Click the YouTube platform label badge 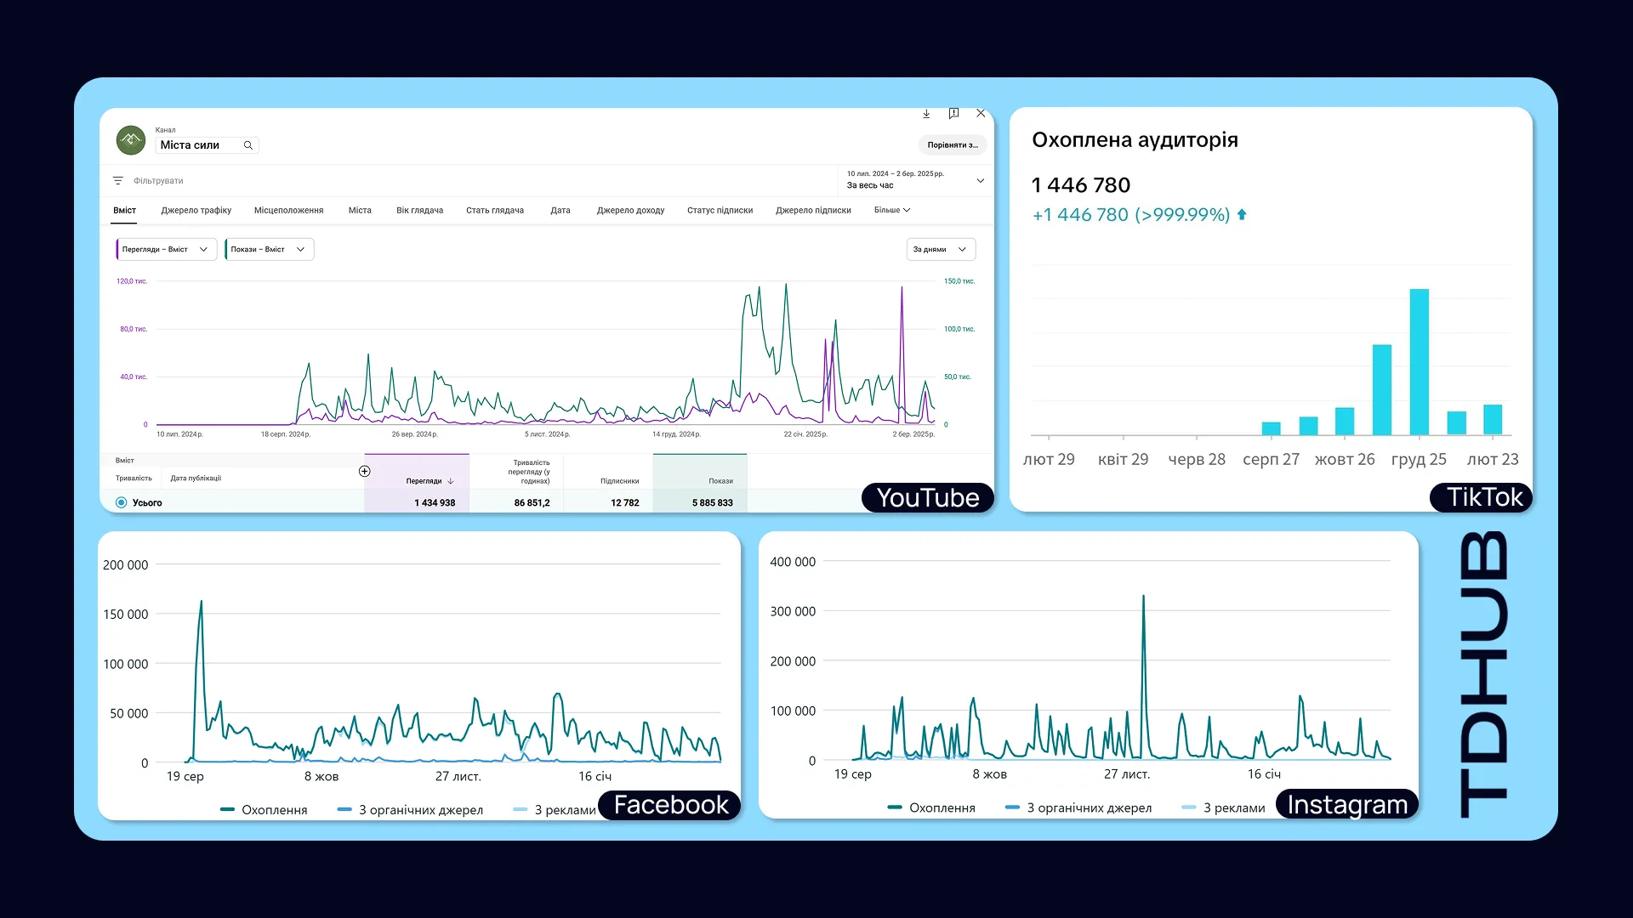coord(928,497)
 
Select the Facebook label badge coord(670,805)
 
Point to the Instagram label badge coord(1347,804)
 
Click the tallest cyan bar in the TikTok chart coord(1419,362)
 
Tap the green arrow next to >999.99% coord(1242,215)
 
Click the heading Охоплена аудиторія coord(1135,140)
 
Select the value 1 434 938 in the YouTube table coord(435,503)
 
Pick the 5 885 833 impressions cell coord(712,503)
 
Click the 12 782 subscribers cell coord(624,503)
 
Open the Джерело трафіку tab coord(196,211)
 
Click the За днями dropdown coord(941,250)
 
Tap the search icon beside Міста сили coord(248,145)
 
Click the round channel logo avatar coord(131,140)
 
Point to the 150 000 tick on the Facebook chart coord(125,615)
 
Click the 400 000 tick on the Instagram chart coord(793,562)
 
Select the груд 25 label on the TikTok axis coord(1419,460)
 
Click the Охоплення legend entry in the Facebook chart coord(264,810)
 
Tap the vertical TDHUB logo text coord(1484,675)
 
